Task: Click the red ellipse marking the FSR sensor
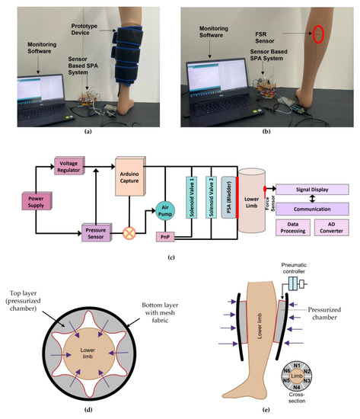click(x=317, y=35)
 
